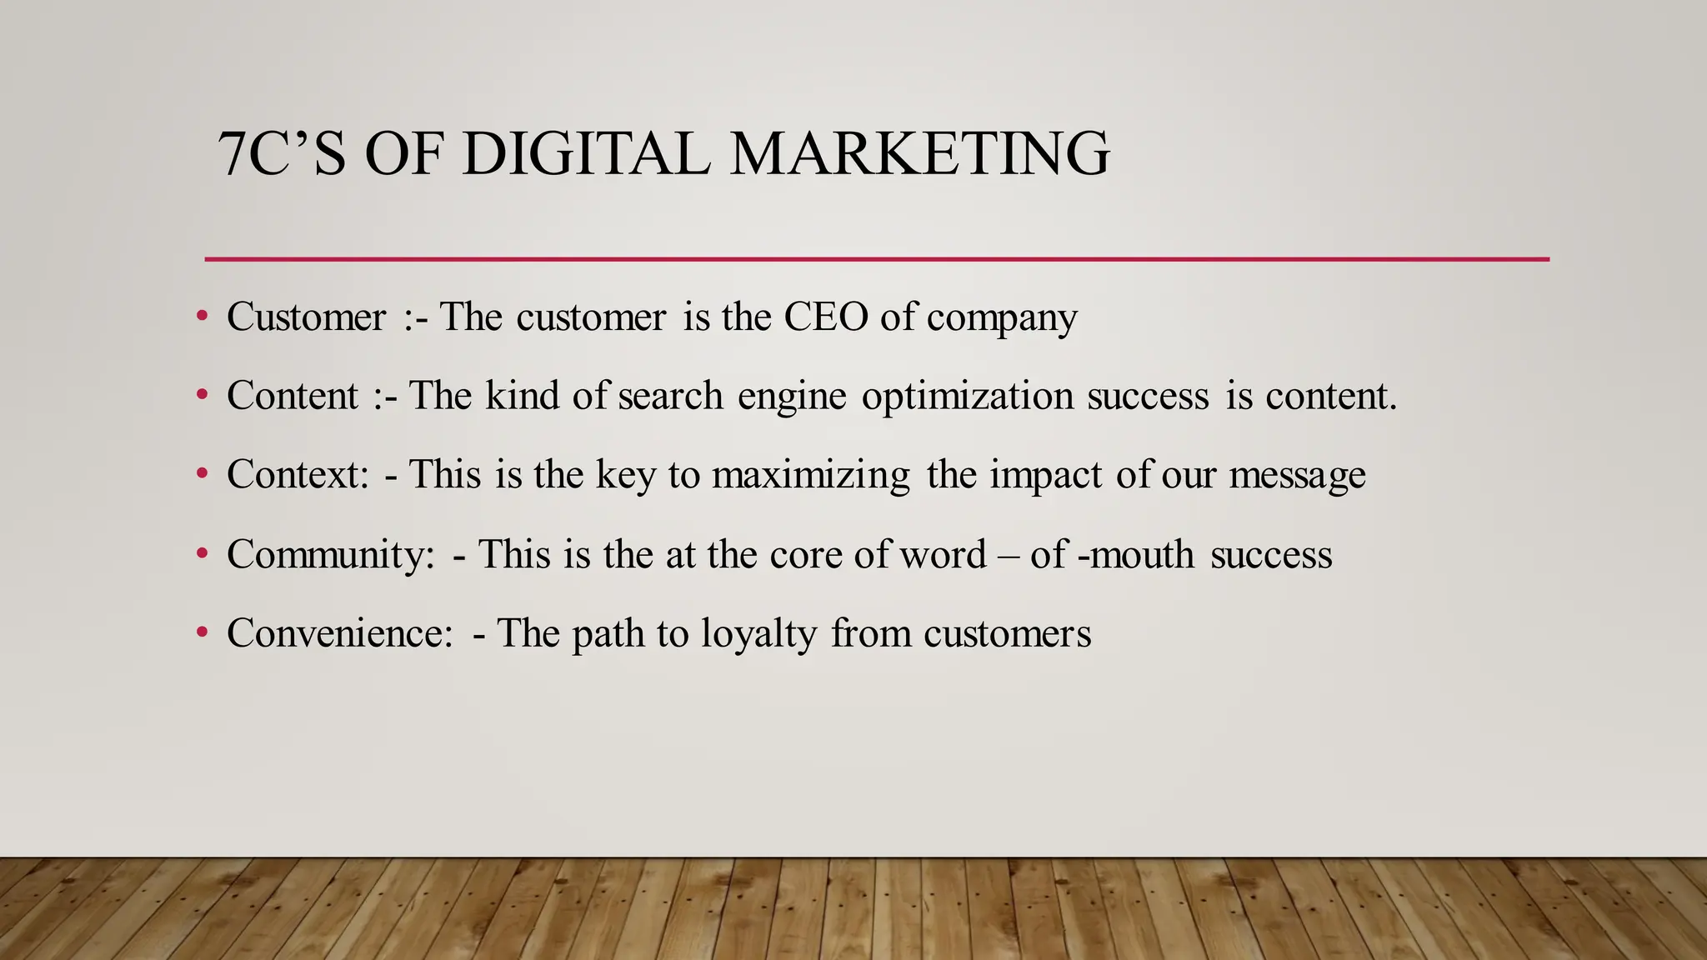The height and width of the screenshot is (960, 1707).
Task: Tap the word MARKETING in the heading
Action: tap(919, 154)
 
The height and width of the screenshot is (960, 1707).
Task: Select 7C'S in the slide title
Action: tap(282, 154)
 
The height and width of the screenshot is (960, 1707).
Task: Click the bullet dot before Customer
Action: tap(202, 316)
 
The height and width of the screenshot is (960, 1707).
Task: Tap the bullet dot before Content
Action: tap(202, 395)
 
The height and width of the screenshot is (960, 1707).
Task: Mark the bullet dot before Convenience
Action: tap(202, 632)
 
